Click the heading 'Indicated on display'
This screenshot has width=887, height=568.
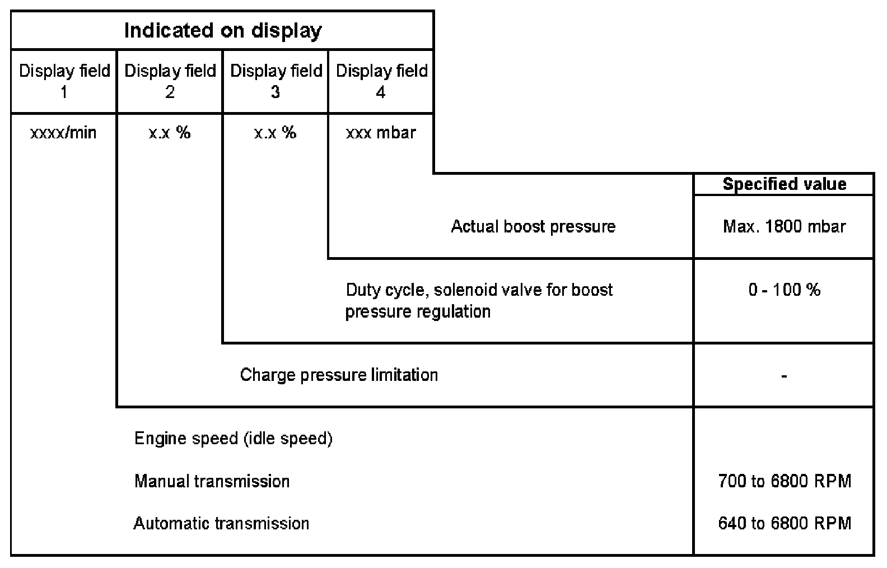pyautogui.click(x=222, y=30)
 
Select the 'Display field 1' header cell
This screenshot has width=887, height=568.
pyautogui.click(x=64, y=81)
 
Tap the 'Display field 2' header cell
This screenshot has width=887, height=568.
pyautogui.click(x=170, y=81)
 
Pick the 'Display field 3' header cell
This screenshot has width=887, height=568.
pyautogui.click(x=276, y=81)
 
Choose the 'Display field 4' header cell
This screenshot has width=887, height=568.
pyautogui.click(x=381, y=81)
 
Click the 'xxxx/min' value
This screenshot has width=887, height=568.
pyautogui.click(x=63, y=133)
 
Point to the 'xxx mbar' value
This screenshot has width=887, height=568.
pyautogui.click(x=381, y=133)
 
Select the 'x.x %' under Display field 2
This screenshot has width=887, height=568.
pyautogui.click(x=170, y=133)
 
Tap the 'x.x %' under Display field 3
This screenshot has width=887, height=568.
pyautogui.click(x=275, y=133)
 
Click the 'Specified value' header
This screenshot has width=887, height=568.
pyautogui.click(x=784, y=184)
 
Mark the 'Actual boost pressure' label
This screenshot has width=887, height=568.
pyautogui.click(x=533, y=226)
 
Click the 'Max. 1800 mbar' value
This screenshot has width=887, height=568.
pyautogui.click(x=784, y=226)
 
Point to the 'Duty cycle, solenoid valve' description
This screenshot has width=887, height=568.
pyautogui.click(x=479, y=300)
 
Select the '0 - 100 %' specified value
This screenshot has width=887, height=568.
pyautogui.click(x=784, y=290)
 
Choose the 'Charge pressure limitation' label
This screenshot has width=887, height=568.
pyautogui.click(x=339, y=375)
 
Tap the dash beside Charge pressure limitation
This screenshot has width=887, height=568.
pyautogui.click(x=784, y=376)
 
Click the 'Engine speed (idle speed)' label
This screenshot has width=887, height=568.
pyautogui.click(x=234, y=438)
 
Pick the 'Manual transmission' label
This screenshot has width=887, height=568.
pyautogui.click(x=212, y=481)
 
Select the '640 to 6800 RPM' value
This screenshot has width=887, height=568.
pyautogui.click(x=785, y=523)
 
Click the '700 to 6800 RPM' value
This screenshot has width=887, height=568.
pyautogui.click(x=785, y=481)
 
